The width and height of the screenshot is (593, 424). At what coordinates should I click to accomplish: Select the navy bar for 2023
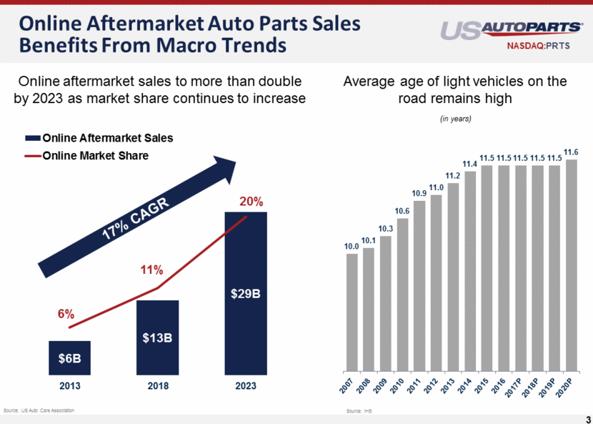click(x=246, y=293)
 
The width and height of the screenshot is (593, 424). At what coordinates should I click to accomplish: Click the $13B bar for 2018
click(x=157, y=337)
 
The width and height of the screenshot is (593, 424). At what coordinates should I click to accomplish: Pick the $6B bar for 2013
click(x=69, y=358)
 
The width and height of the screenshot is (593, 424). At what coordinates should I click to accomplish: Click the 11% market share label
click(x=151, y=270)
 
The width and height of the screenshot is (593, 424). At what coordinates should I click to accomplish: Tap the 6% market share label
click(x=66, y=314)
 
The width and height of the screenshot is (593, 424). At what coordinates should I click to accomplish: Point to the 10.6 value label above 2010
click(x=402, y=210)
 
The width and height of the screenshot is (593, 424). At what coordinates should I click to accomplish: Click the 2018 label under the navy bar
click(x=157, y=386)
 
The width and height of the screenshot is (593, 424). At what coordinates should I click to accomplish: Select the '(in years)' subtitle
click(x=455, y=118)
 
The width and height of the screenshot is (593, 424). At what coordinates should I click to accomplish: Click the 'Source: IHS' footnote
click(x=355, y=411)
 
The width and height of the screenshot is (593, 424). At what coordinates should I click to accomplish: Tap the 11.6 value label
click(x=571, y=152)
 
